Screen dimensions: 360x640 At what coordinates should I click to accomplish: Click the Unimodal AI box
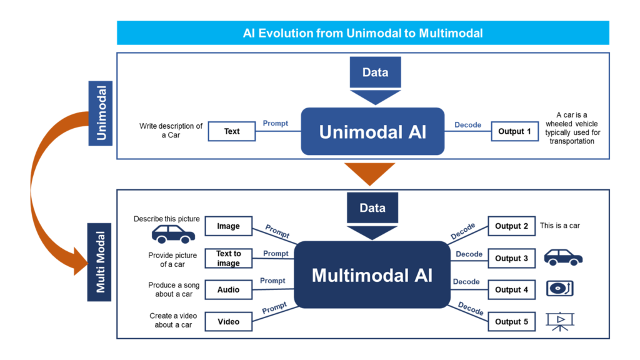click(372, 131)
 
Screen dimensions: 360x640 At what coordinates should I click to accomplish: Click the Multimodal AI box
click(372, 275)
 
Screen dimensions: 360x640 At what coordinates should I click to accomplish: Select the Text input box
click(231, 131)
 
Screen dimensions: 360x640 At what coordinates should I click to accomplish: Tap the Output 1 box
click(514, 131)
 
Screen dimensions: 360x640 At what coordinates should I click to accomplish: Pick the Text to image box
click(228, 258)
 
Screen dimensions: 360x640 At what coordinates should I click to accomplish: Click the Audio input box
click(228, 290)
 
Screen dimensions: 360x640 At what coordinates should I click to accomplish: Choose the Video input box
click(228, 322)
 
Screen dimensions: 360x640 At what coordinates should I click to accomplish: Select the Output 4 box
click(511, 290)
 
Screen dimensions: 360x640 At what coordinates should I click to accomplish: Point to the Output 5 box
click(511, 322)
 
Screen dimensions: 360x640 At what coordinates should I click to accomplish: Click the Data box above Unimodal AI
click(375, 72)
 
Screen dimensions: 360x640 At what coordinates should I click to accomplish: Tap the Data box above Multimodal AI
click(372, 208)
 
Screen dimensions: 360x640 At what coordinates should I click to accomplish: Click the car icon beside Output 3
click(562, 257)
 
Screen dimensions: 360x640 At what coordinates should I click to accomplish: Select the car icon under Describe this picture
click(173, 234)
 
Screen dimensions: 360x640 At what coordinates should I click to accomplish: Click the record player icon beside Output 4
click(559, 289)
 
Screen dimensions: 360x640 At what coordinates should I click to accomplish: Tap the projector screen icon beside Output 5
click(560, 321)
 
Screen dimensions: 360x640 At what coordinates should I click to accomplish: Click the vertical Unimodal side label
click(101, 113)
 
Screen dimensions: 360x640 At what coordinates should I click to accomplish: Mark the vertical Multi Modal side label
click(100, 262)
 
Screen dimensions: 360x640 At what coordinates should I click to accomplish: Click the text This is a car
click(559, 226)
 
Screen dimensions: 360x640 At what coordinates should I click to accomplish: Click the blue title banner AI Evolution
click(362, 33)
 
